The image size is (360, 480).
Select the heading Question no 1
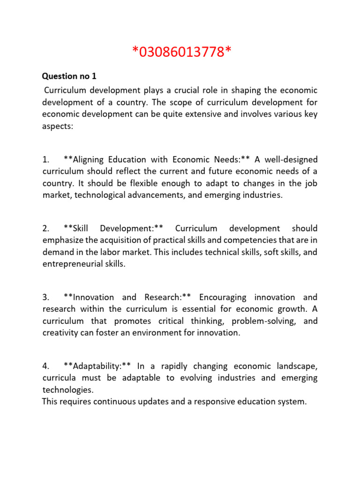(69, 76)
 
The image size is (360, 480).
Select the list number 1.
(45, 159)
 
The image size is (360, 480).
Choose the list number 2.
(45, 228)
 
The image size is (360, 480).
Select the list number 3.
(45, 297)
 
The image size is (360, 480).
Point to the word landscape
(297, 366)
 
